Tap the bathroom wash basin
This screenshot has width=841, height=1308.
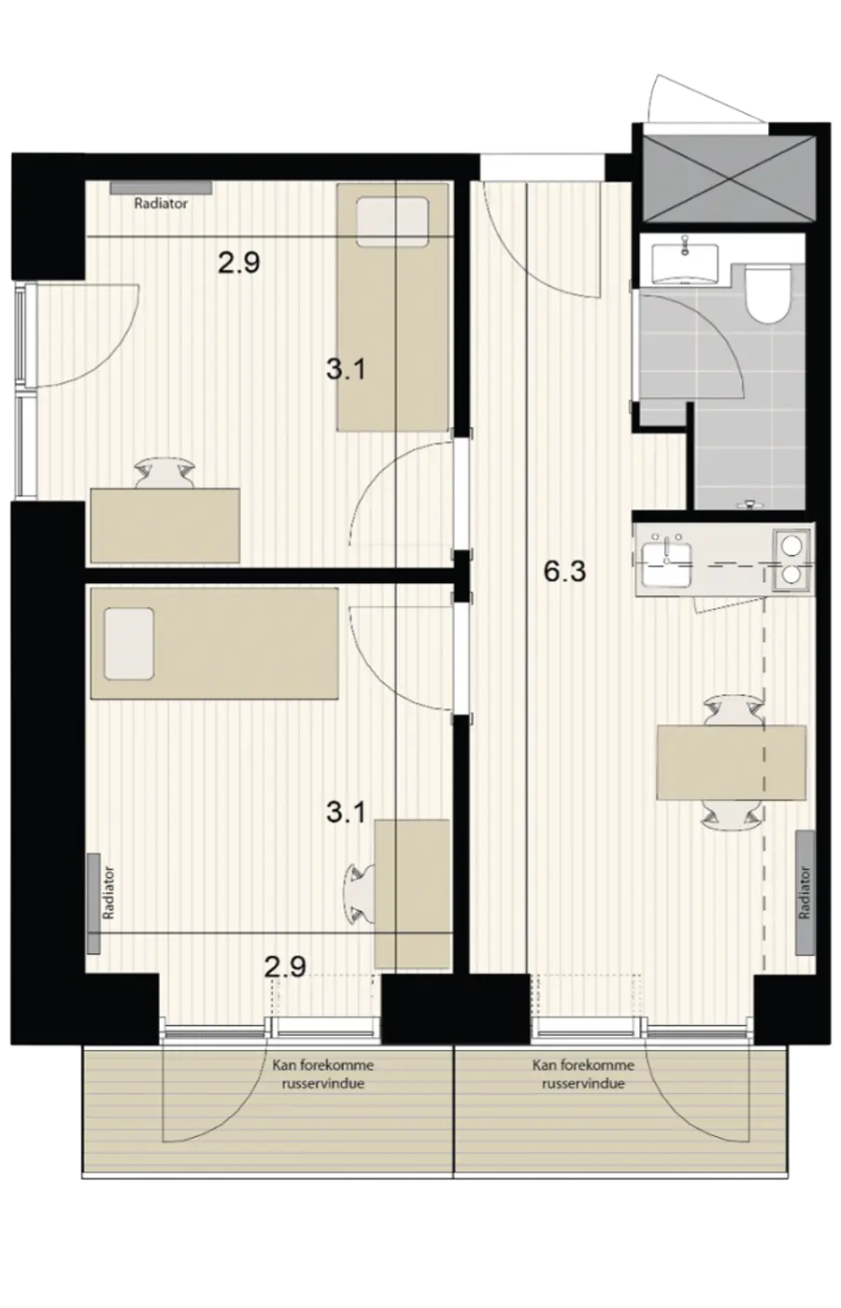pyautogui.click(x=684, y=263)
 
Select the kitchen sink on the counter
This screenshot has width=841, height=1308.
pyautogui.click(x=666, y=564)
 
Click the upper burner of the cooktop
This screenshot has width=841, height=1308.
pyautogui.click(x=792, y=547)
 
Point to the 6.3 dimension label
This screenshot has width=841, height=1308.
pyautogui.click(x=564, y=571)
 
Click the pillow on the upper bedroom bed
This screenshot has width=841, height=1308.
pyautogui.click(x=392, y=222)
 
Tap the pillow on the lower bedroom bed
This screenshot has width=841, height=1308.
pyautogui.click(x=129, y=644)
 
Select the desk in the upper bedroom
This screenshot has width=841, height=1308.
pyautogui.click(x=165, y=525)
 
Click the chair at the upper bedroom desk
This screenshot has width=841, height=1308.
pyautogui.click(x=165, y=472)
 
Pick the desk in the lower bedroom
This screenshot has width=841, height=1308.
pyautogui.click(x=412, y=894)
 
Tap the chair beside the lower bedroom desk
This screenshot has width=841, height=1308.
pyautogui.click(x=361, y=894)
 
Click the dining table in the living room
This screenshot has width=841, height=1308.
pyautogui.click(x=731, y=762)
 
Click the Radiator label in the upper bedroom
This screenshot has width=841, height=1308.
pyautogui.click(x=161, y=204)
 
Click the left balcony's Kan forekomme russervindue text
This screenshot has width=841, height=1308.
pyautogui.click(x=323, y=1073)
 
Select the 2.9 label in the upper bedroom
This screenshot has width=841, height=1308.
pyautogui.click(x=239, y=263)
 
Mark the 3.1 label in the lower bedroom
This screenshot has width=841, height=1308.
pyautogui.click(x=346, y=812)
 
